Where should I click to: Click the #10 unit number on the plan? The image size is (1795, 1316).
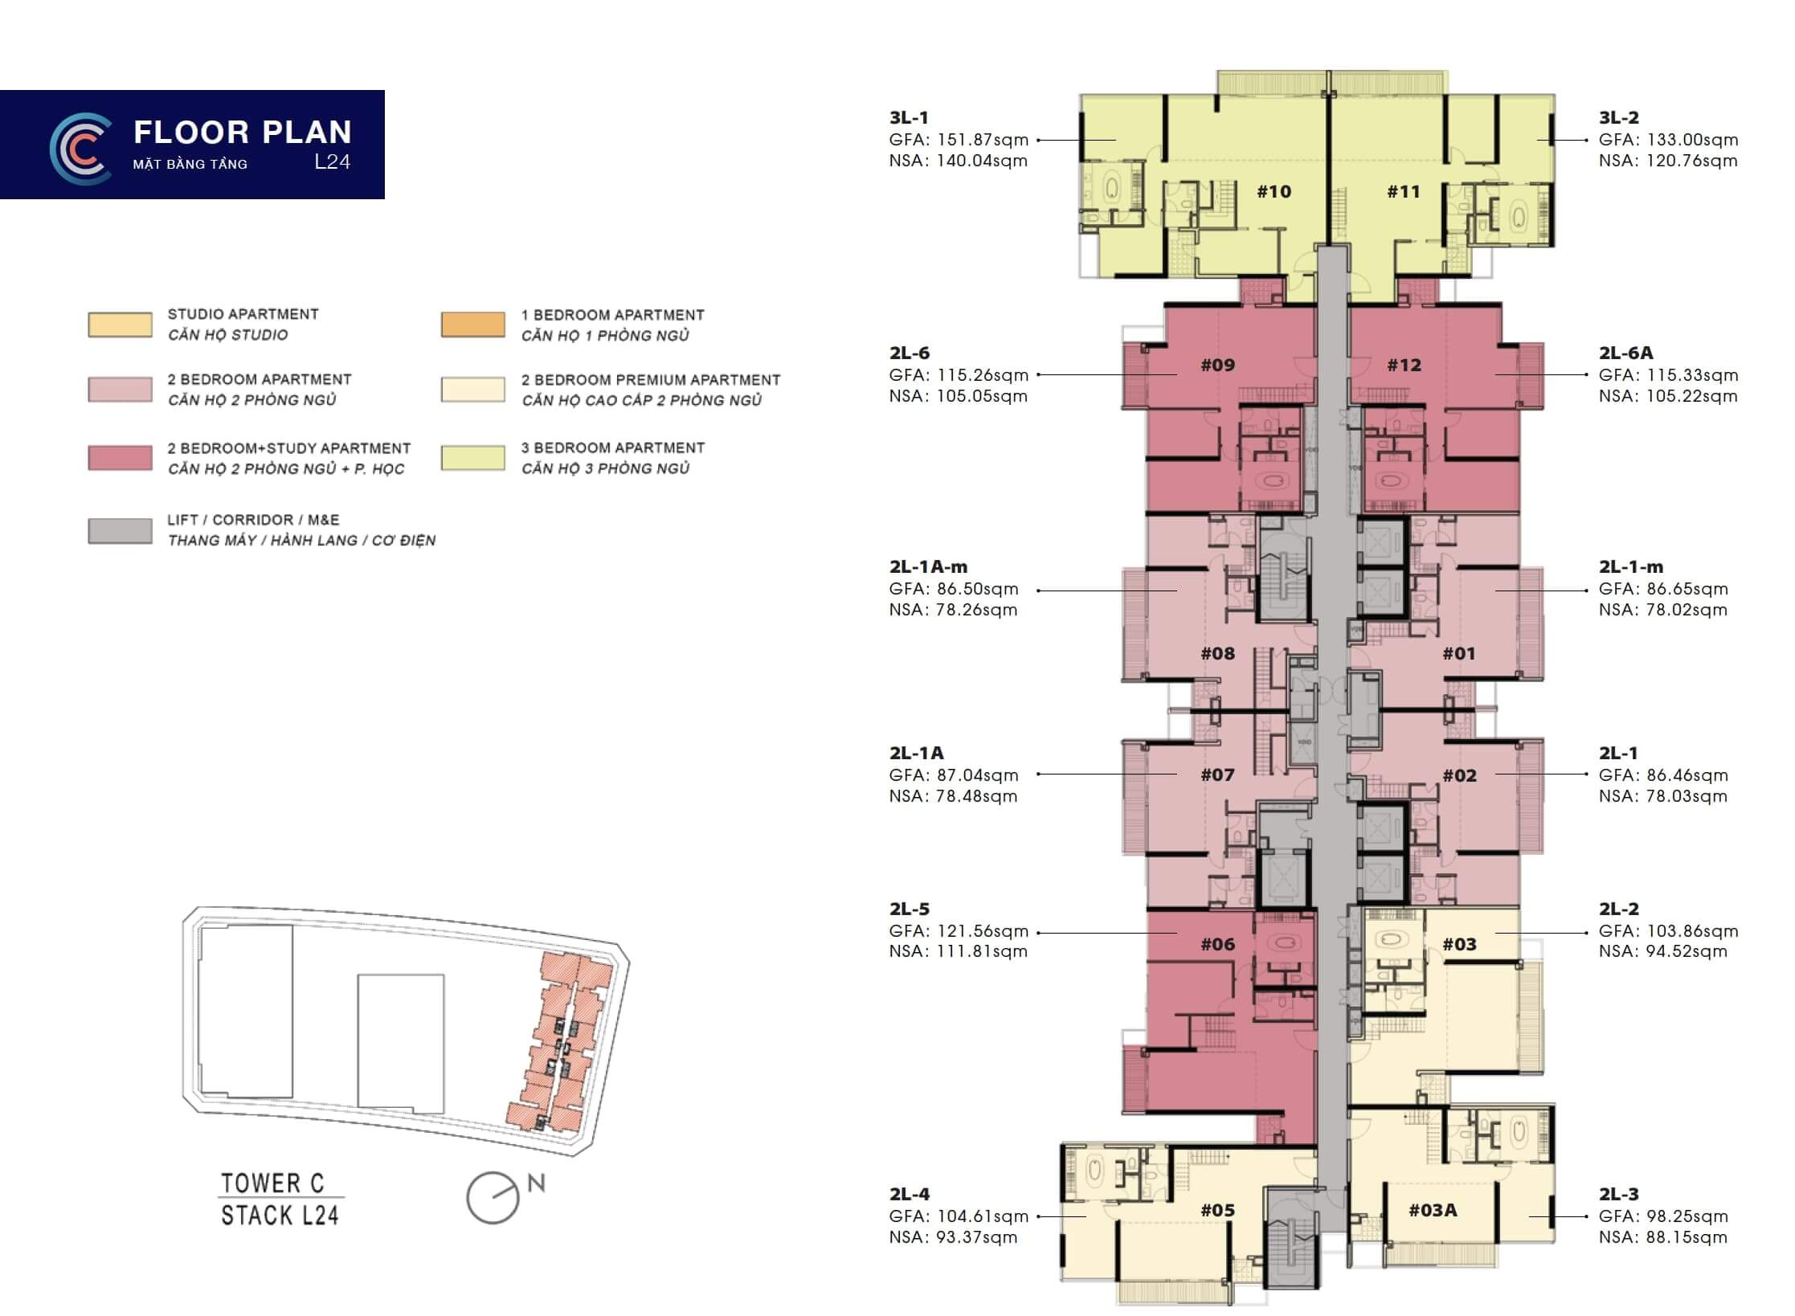[1274, 191]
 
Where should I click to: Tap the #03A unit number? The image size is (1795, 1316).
[1433, 1210]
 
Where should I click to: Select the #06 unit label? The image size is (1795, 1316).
[1217, 944]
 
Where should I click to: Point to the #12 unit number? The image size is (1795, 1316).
[1404, 365]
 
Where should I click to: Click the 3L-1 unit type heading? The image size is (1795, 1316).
[909, 117]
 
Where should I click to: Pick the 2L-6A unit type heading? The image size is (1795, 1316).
[1625, 353]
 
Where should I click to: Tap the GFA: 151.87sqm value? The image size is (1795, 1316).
[959, 140]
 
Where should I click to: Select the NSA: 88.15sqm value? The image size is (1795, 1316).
[1662, 1237]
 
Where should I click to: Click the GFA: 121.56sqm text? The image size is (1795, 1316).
[959, 931]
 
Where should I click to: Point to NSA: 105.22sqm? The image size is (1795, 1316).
[1668, 396]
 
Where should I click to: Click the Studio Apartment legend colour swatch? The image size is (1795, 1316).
[120, 325]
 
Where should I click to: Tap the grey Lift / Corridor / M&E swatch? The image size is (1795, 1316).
[120, 531]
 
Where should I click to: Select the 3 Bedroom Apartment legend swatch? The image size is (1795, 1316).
[473, 458]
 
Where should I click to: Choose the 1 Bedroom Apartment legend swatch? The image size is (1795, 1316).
[473, 325]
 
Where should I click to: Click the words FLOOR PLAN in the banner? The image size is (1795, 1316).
[243, 132]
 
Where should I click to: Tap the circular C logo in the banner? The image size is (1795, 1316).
[80, 149]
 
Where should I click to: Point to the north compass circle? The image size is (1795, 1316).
[493, 1198]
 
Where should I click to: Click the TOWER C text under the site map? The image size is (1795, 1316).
[273, 1183]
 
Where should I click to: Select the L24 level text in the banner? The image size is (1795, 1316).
[333, 161]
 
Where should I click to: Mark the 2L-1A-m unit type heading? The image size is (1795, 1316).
[928, 566]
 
